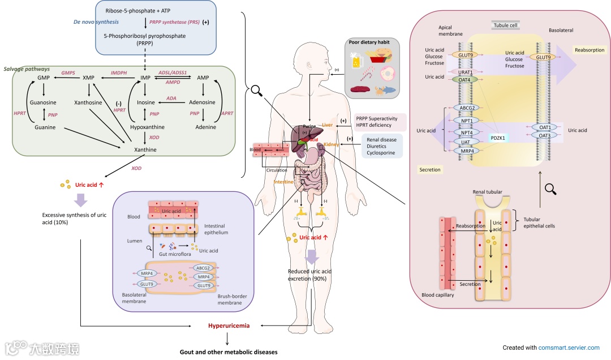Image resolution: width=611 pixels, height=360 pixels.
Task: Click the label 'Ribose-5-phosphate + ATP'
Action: [138, 11]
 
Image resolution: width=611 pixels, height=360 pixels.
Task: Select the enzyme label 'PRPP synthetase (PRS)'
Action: [174, 22]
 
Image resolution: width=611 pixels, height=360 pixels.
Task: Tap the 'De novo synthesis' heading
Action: [96, 22]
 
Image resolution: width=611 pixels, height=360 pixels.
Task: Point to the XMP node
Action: [88, 78]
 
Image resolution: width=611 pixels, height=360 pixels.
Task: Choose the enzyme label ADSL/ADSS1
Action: [173, 73]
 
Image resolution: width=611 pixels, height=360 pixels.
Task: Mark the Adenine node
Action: [205, 127]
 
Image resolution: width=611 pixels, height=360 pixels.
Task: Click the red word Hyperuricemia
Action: [228, 326]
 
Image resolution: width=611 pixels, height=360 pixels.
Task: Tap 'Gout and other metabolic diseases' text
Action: [229, 352]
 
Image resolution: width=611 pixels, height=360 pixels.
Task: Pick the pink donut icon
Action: [388, 74]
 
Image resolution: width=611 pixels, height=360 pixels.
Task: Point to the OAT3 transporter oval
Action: [545, 135]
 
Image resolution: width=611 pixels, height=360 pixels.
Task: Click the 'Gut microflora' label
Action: [174, 255]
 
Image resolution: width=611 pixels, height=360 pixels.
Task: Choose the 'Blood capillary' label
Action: [438, 295]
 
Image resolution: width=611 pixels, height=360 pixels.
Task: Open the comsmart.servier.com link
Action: [569, 348]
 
